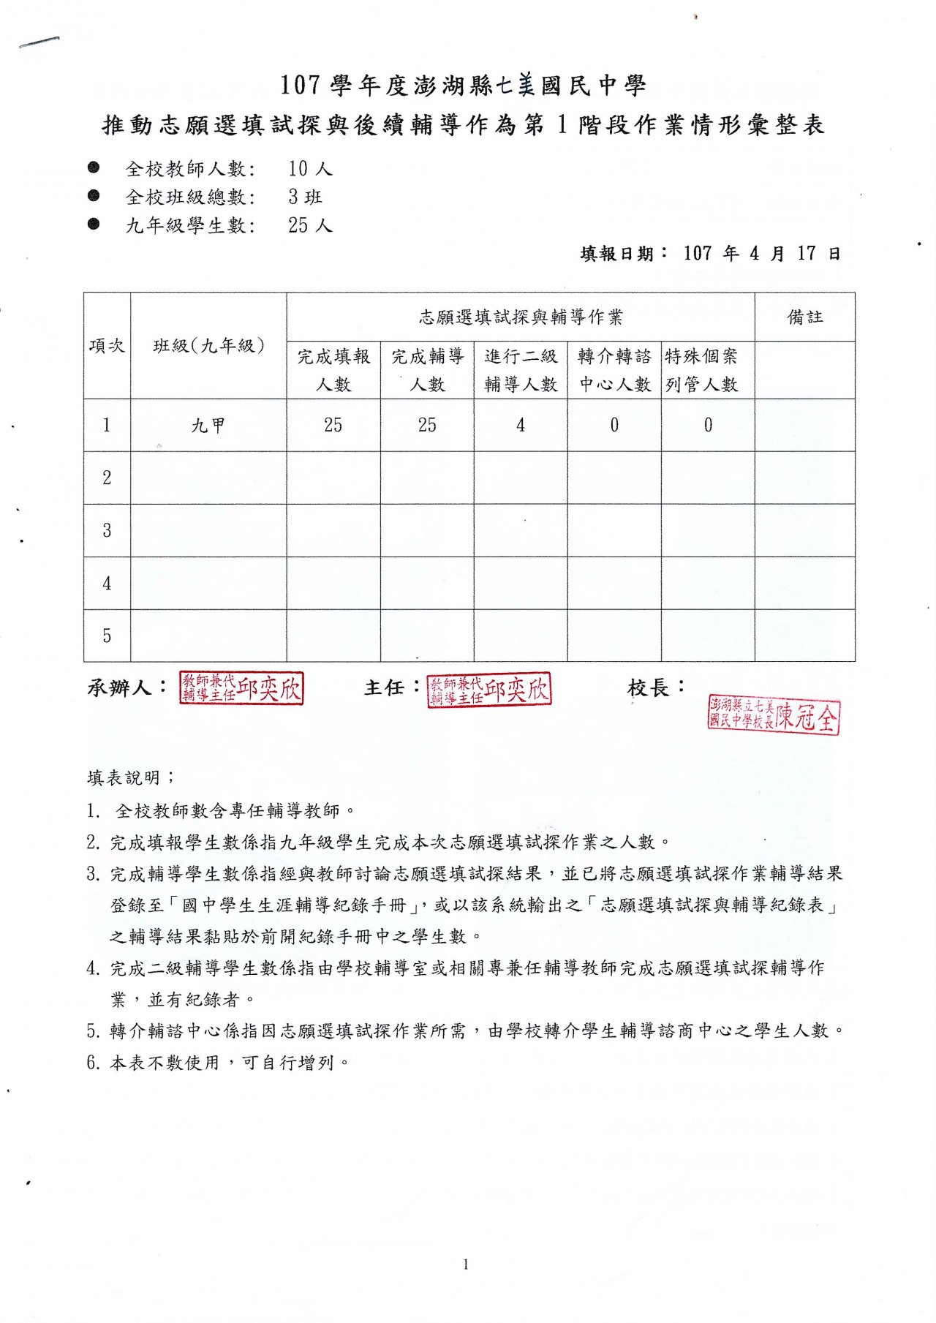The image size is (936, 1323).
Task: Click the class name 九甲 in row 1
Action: click(208, 425)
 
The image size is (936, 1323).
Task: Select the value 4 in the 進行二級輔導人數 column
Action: click(521, 425)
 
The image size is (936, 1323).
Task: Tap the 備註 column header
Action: click(804, 317)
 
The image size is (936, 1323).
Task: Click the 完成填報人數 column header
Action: click(333, 370)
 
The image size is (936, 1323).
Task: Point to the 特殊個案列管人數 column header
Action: click(702, 370)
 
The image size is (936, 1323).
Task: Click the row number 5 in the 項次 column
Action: click(107, 636)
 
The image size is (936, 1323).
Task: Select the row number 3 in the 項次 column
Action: click(107, 530)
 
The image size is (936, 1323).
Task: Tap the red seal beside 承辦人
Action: click(241, 689)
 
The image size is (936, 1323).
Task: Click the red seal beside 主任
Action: click(489, 690)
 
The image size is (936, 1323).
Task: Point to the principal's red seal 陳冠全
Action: click(774, 716)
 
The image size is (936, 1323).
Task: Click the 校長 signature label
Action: click(656, 687)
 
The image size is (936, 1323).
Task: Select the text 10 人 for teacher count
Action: click(310, 169)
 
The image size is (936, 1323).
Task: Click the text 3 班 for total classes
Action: click(305, 197)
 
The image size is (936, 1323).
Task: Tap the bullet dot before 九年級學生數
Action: click(94, 225)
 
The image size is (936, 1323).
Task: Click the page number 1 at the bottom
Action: click(466, 1264)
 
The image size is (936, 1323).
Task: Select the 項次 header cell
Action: click(107, 346)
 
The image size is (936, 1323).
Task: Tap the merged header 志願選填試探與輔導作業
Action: click(521, 317)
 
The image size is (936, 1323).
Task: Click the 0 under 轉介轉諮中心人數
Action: click(614, 425)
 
